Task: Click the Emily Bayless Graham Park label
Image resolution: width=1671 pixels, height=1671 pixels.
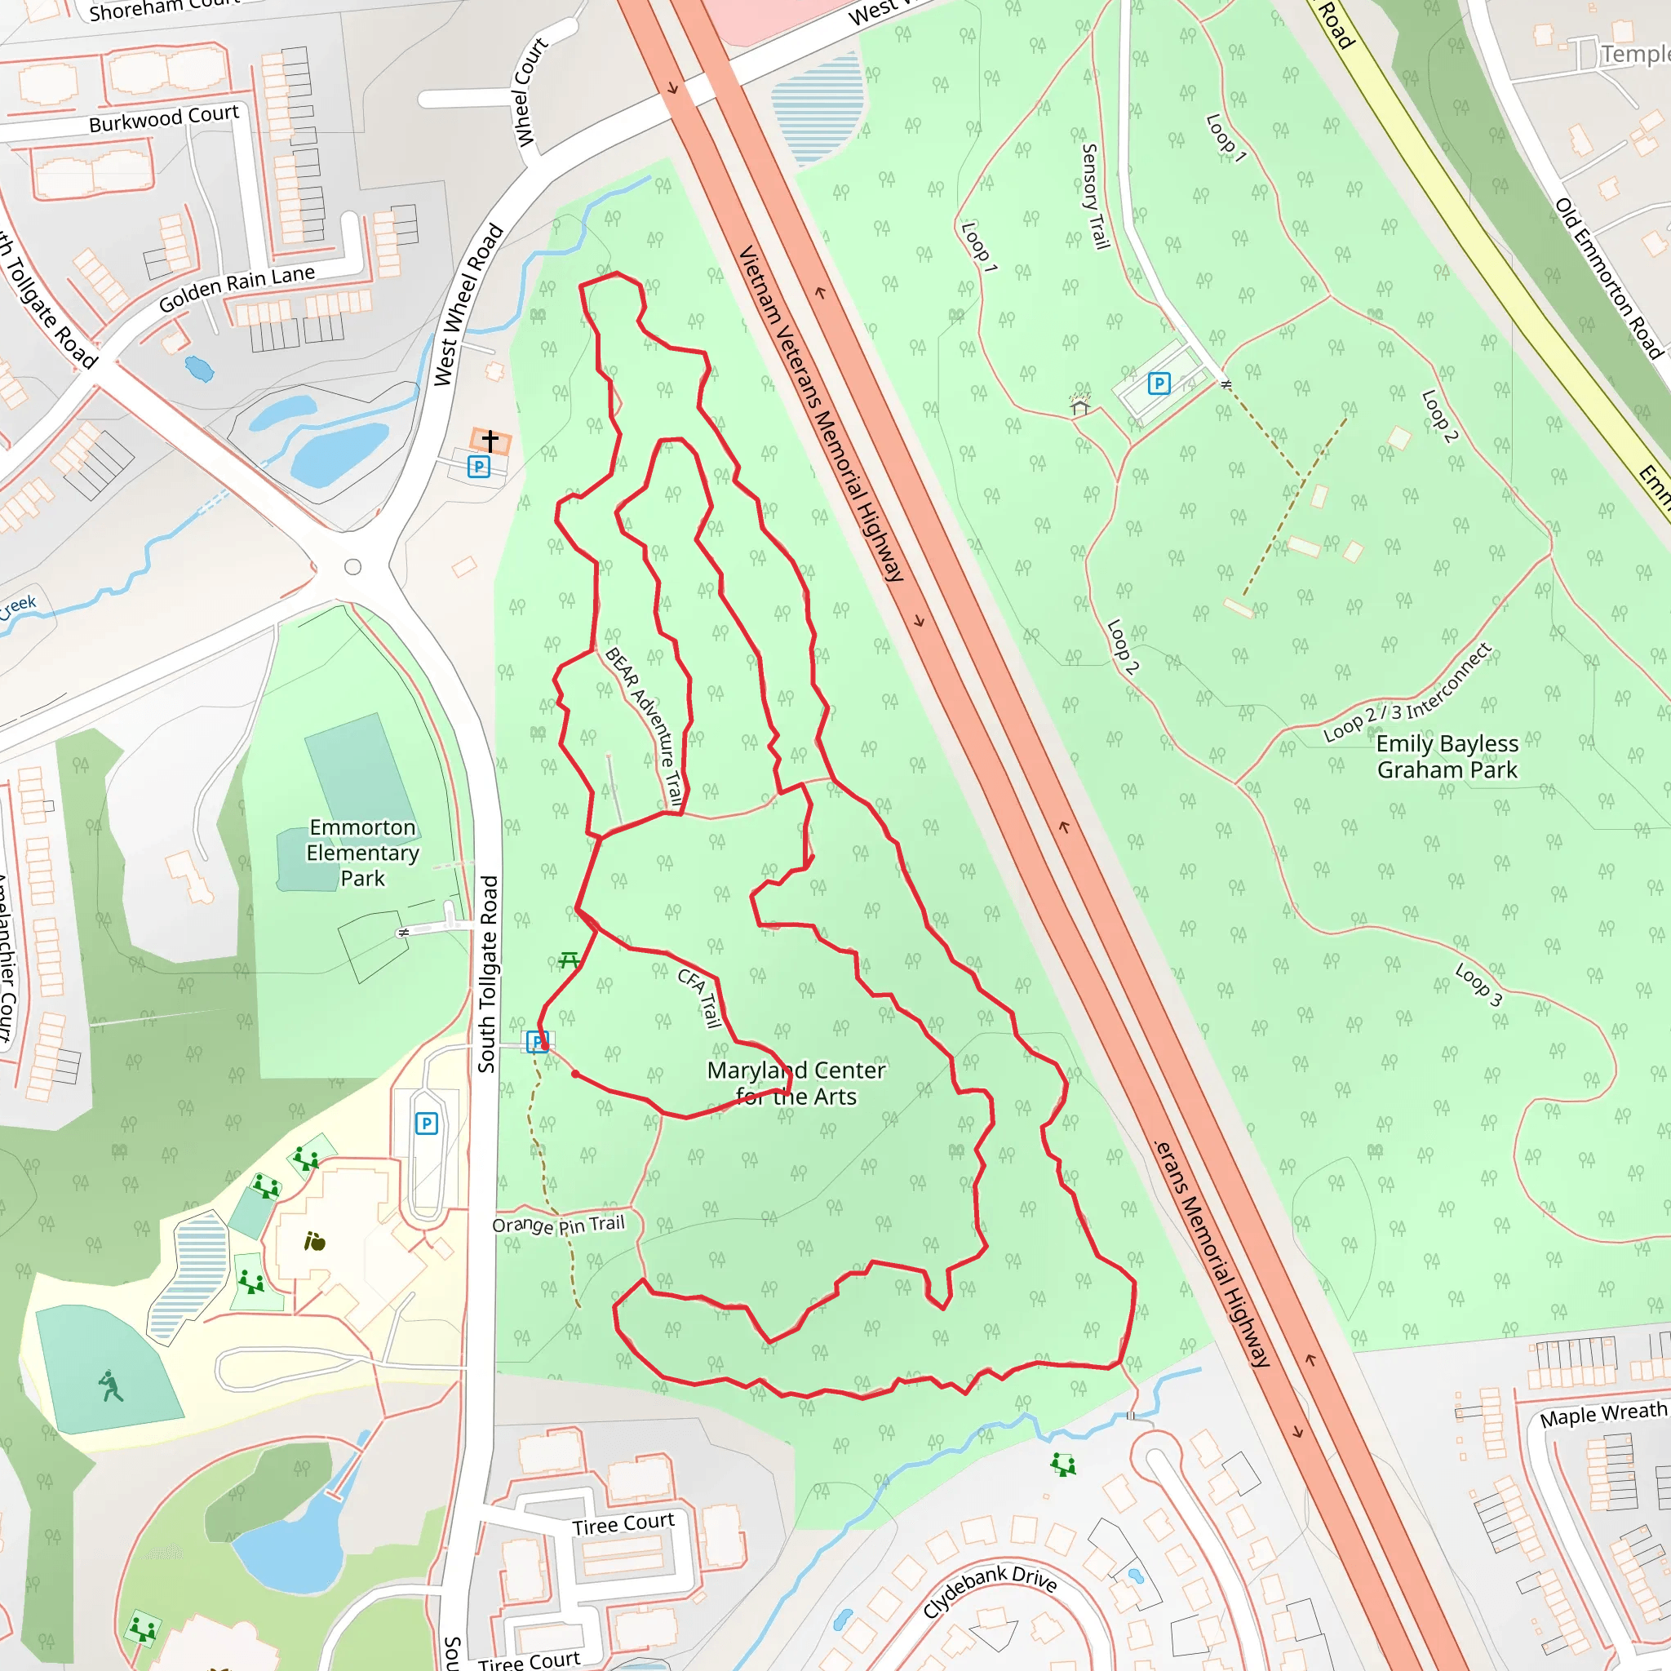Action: (1446, 757)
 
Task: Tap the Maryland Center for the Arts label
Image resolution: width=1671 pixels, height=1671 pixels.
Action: (796, 1083)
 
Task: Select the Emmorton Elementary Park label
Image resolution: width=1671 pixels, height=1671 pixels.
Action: (362, 853)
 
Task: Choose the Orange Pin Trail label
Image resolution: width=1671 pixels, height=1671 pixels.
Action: (558, 1225)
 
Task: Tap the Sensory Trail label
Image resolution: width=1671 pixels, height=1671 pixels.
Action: (1095, 197)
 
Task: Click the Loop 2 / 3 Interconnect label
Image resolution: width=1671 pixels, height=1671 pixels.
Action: (1407, 693)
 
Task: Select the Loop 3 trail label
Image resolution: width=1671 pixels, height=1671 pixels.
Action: (1479, 985)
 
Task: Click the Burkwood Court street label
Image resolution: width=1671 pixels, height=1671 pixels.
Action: (163, 119)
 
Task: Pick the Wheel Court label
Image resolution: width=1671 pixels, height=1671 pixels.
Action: (531, 91)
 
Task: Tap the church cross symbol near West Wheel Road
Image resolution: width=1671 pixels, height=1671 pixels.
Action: (490, 441)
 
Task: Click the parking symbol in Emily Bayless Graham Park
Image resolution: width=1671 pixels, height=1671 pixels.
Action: (1159, 383)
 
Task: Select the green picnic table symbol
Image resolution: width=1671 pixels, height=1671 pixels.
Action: (568, 960)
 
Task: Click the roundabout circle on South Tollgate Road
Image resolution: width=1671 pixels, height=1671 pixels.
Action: (352, 567)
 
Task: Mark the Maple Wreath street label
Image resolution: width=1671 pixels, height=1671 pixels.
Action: (1602, 1416)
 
